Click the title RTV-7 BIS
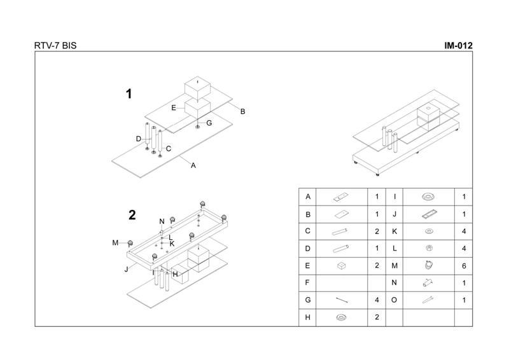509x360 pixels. tap(57, 46)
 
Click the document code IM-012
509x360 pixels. tap(457, 46)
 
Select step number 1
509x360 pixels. tap(129, 94)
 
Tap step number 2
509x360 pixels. tap(132, 215)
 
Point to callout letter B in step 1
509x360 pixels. tap(242, 111)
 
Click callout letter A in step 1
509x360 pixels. tap(193, 165)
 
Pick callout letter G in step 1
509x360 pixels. tap(209, 123)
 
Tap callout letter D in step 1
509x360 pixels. tap(138, 139)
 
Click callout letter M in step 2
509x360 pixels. tap(115, 242)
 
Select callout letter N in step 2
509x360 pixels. tap(162, 221)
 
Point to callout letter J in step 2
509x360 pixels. tap(127, 268)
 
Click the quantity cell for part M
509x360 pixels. tap(464, 265)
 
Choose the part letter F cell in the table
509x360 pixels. tap(308, 281)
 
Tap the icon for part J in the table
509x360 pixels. tap(429, 214)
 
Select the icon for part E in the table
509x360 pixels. tap(342, 265)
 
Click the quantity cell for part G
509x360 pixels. tap(377, 298)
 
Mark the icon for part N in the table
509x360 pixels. tap(429, 281)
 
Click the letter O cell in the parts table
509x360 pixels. tap(395, 298)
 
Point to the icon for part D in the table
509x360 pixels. tap(342, 248)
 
